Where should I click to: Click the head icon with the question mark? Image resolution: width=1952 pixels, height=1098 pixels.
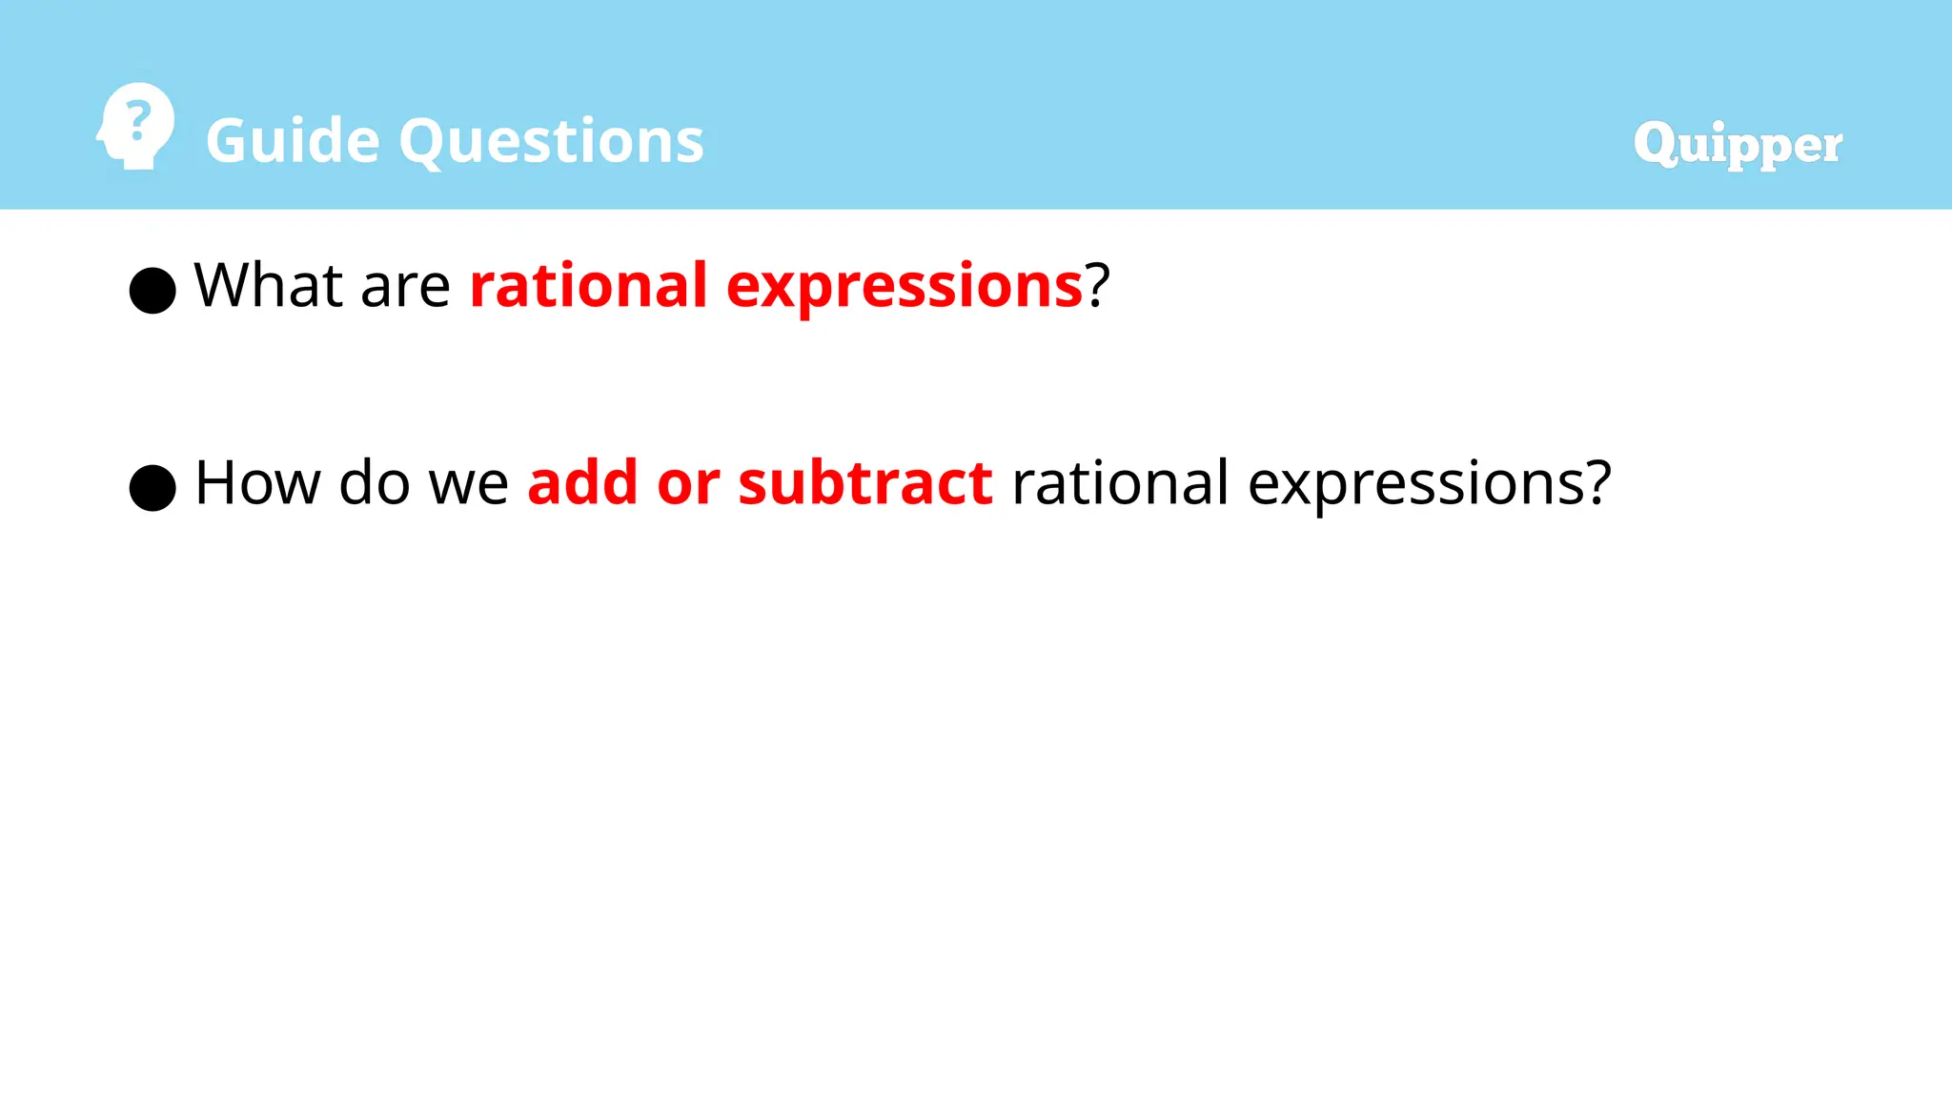[x=136, y=127]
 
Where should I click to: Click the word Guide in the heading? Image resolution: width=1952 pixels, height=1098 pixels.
[x=293, y=141]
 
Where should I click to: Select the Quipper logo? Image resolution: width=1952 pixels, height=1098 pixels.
[x=1738, y=145]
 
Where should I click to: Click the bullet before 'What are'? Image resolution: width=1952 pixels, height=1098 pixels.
[x=152, y=290]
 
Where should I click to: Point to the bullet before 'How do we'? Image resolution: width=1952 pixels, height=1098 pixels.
[x=152, y=488]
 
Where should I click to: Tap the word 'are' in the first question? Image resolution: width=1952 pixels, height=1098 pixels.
[x=405, y=288]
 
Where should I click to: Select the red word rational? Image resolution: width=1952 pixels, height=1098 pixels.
[x=588, y=285]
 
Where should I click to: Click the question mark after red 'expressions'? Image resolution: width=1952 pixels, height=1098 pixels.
[x=1098, y=284]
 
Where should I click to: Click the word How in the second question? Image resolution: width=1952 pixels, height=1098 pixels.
[x=257, y=482]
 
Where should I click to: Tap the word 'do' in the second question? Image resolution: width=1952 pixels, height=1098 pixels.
[x=374, y=482]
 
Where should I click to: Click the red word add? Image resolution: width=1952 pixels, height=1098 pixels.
[x=582, y=482]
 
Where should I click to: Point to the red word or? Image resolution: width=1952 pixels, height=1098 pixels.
[x=687, y=486]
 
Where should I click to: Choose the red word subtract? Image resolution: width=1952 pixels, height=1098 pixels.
[x=864, y=482]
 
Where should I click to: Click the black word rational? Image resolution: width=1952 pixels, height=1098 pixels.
[x=1119, y=482]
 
